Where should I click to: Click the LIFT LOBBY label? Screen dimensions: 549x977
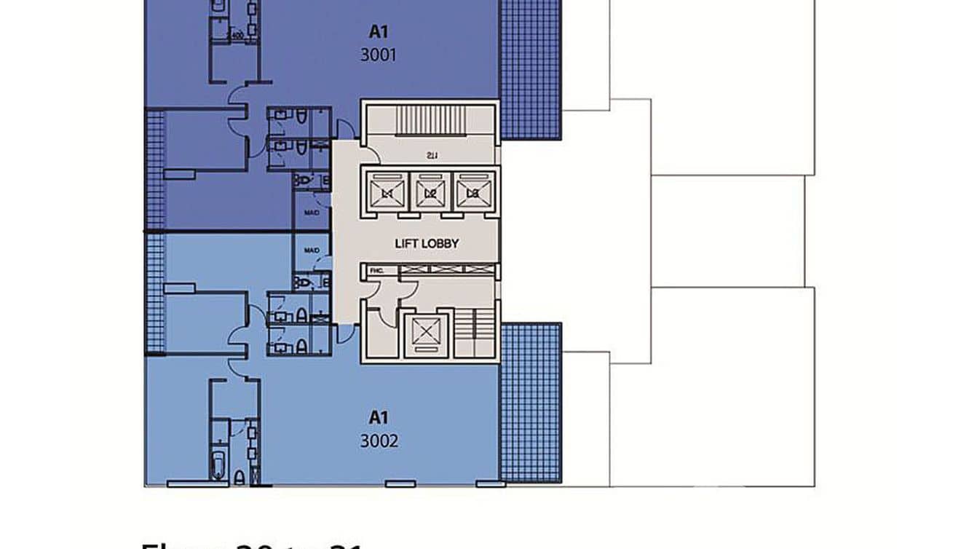(x=427, y=244)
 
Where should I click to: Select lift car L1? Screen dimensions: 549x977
(x=387, y=193)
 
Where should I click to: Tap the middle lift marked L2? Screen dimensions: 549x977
(x=430, y=193)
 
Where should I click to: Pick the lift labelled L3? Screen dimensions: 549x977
(x=472, y=193)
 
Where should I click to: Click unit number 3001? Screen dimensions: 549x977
(x=379, y=55)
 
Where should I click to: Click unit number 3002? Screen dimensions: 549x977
(x=379, y=441)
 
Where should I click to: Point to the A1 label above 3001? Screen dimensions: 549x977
(x=378, y=31)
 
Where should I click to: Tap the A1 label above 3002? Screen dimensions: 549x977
(x=378, y=417)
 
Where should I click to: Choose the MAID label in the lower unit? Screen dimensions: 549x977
(x=312, y=250)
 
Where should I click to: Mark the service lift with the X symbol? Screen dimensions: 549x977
(x=422, y=334)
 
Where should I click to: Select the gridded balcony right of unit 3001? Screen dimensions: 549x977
(x=531, y=69)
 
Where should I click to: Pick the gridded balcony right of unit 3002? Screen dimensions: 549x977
(x=531, y=403)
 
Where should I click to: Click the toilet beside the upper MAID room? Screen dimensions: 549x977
(x=304, y=180)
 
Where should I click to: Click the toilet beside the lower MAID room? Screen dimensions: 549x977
(x=304, y=282)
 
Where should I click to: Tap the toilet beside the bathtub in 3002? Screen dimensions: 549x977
(x=239, y=478)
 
